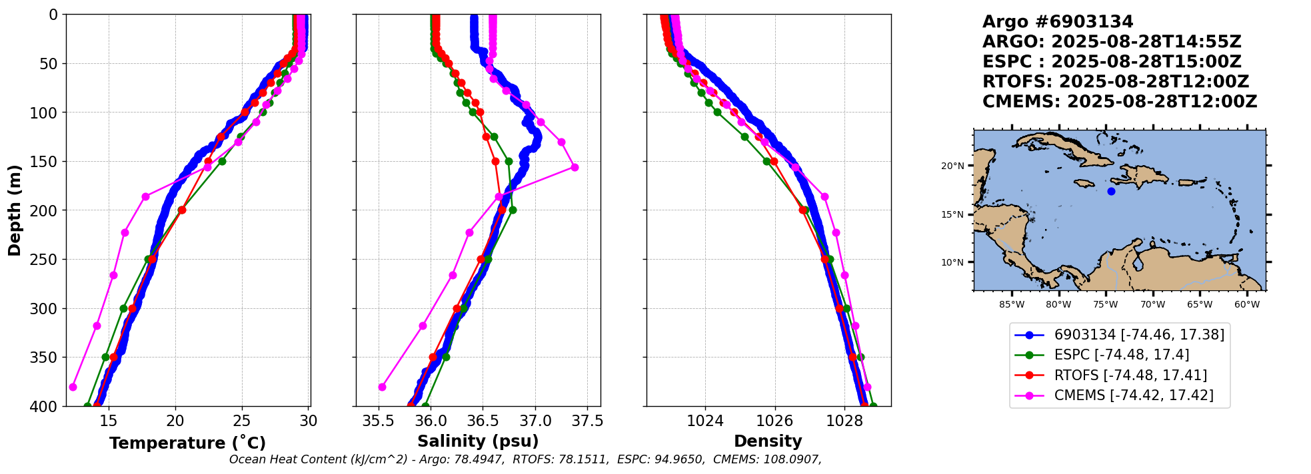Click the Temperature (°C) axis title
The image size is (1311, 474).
coord(187,443)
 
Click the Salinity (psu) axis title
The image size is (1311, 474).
coord(478,441)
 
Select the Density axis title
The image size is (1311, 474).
coord(768,441)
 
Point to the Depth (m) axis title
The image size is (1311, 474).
coord(15,210)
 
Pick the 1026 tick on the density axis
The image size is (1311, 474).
coord(775,421)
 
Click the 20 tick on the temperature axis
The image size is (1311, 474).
coord(175,421)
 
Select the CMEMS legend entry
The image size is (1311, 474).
coord(1133,395)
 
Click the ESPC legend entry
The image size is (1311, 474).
coord(1121,355)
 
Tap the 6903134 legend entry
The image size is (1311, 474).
coord(1139,335)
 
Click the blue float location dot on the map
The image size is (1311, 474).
coord(1111,192)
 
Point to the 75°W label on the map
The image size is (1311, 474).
coord(1105,305)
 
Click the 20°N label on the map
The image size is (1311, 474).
coord(952,166)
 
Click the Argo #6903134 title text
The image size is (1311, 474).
coord(1058,22)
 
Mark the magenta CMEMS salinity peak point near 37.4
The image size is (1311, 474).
coord(575,167)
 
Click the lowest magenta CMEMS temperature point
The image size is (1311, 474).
coord(73,387)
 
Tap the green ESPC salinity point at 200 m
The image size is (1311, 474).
coord(513,210)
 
